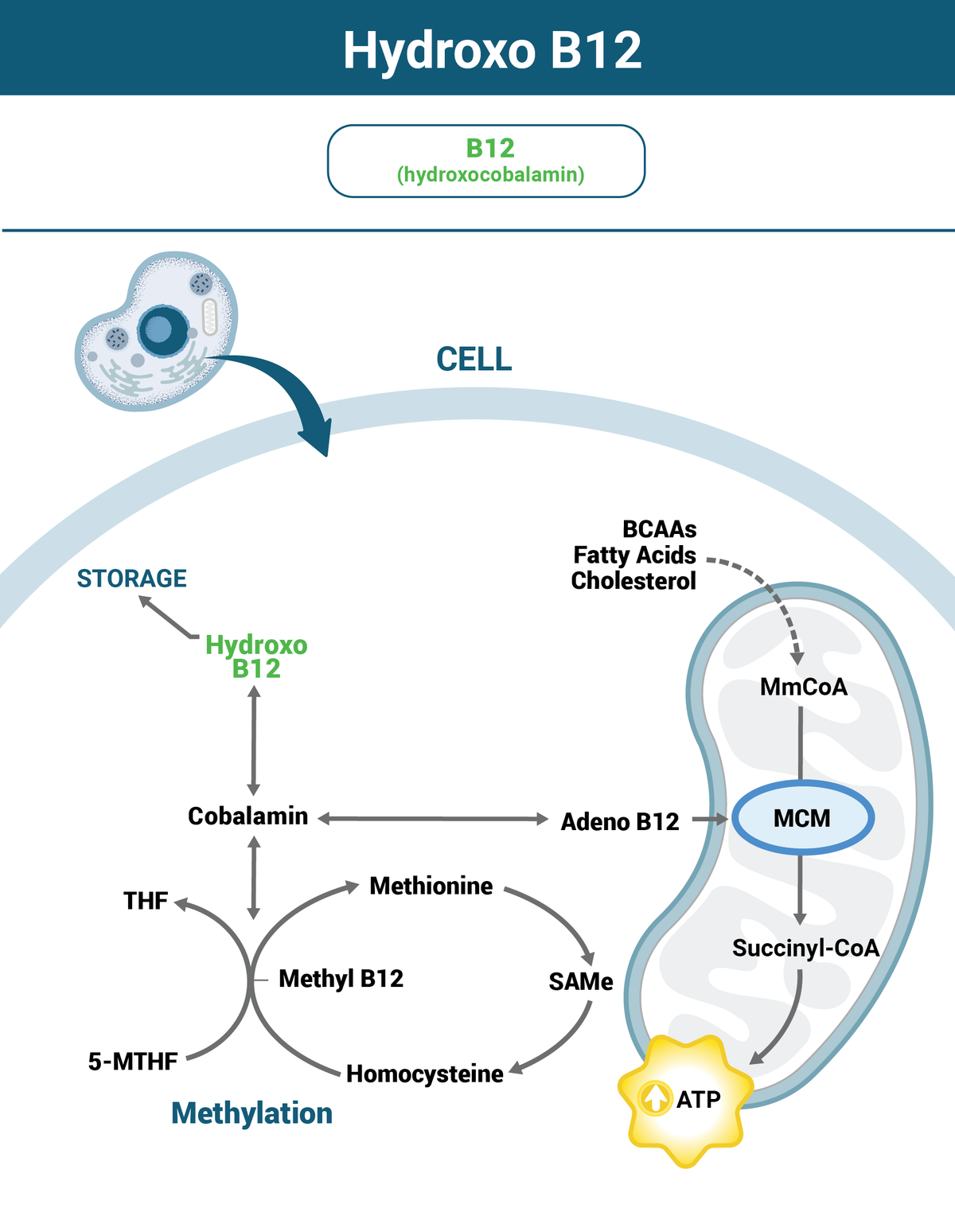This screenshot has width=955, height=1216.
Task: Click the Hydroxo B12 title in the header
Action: coord(492,51)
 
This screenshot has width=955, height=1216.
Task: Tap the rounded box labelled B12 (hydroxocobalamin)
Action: coord(486,161)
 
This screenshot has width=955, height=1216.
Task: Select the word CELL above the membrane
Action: coord(474,360)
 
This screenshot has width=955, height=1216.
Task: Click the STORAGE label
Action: coord(131,579)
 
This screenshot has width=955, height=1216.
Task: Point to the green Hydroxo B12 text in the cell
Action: coord(256,657)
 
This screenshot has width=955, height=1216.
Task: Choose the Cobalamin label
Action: coord(248,817)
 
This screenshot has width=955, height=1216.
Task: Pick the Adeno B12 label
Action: coord(620,821)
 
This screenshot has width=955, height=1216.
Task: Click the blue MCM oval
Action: coord(802,818)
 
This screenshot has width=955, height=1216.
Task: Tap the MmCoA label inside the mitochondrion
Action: coord(803,687)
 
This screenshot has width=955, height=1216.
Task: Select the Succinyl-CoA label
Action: coord(805,948)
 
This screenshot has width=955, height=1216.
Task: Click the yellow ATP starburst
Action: coord(686,1101)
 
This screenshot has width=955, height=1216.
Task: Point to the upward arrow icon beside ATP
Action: coord(655,1099)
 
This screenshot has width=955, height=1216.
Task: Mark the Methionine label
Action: coord(431,886)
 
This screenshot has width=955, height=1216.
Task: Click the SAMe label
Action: coord(580,982)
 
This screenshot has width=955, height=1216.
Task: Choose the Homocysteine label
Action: coord(425,1074)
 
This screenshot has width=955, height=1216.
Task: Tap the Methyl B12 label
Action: coord(341,979)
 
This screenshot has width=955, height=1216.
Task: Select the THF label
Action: coord(146,901)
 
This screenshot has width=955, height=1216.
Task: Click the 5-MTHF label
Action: coord(133,1062)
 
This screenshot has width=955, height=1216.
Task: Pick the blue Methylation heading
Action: coord(251,1113)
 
